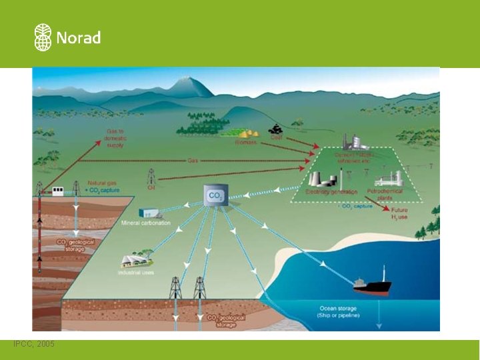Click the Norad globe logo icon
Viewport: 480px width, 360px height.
coord(43,37)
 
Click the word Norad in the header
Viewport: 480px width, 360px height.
coord(78,38)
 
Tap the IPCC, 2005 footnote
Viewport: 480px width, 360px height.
coord(34,343)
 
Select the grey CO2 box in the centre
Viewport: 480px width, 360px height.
coord(215,195)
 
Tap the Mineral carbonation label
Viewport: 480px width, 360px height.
coord(146,223)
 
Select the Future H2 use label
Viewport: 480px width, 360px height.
coord(399,214)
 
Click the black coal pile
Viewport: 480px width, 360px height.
coord(275,129)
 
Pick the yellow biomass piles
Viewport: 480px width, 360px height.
coord(249,133)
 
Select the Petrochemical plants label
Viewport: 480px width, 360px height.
coord(381,194)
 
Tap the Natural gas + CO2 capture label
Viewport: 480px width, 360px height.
coord(103,186)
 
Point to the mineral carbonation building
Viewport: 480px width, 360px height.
coord(144,213)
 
